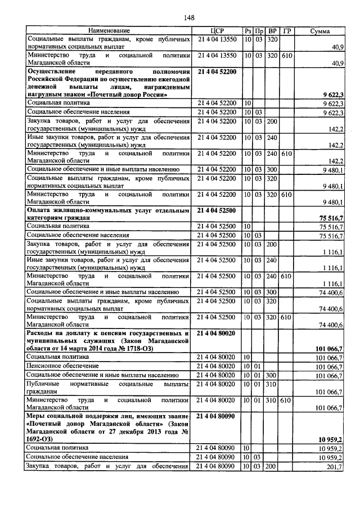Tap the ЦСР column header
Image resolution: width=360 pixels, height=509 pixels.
click(217, 30)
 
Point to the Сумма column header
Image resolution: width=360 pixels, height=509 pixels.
click(319, 30)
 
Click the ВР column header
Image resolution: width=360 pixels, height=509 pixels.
click(272, 30)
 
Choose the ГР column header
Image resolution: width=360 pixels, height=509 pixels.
click(286, 30)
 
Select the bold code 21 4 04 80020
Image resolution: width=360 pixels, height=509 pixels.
click(217, 333)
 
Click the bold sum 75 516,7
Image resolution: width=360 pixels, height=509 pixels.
click(331, 218)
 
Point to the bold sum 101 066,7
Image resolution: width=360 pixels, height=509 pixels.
click(329, 349)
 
